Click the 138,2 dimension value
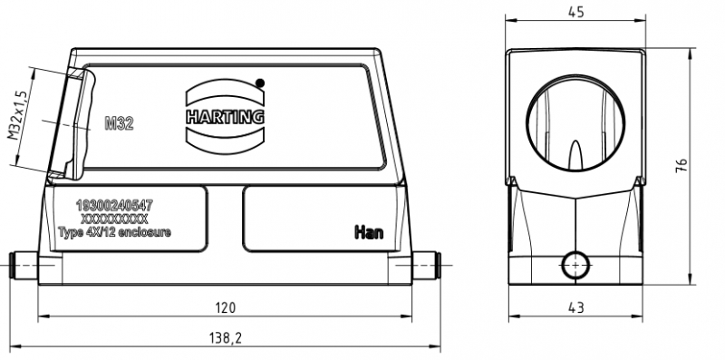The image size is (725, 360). pos(226,338)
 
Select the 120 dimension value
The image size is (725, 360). pos(226,307)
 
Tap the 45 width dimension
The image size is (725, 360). pos(575,12)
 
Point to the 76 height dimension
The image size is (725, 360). pos(681,165)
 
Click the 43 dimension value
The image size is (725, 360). pos(575,307)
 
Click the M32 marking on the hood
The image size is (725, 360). pos(119,123)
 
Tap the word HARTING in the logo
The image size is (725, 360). pos(225,117)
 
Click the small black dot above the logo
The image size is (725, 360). pos(260,83)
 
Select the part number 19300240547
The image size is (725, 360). pos(115,204)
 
